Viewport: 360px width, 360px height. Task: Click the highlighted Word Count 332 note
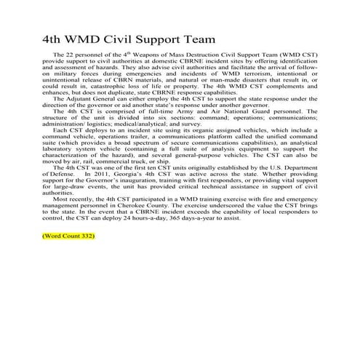click(69, 236)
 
